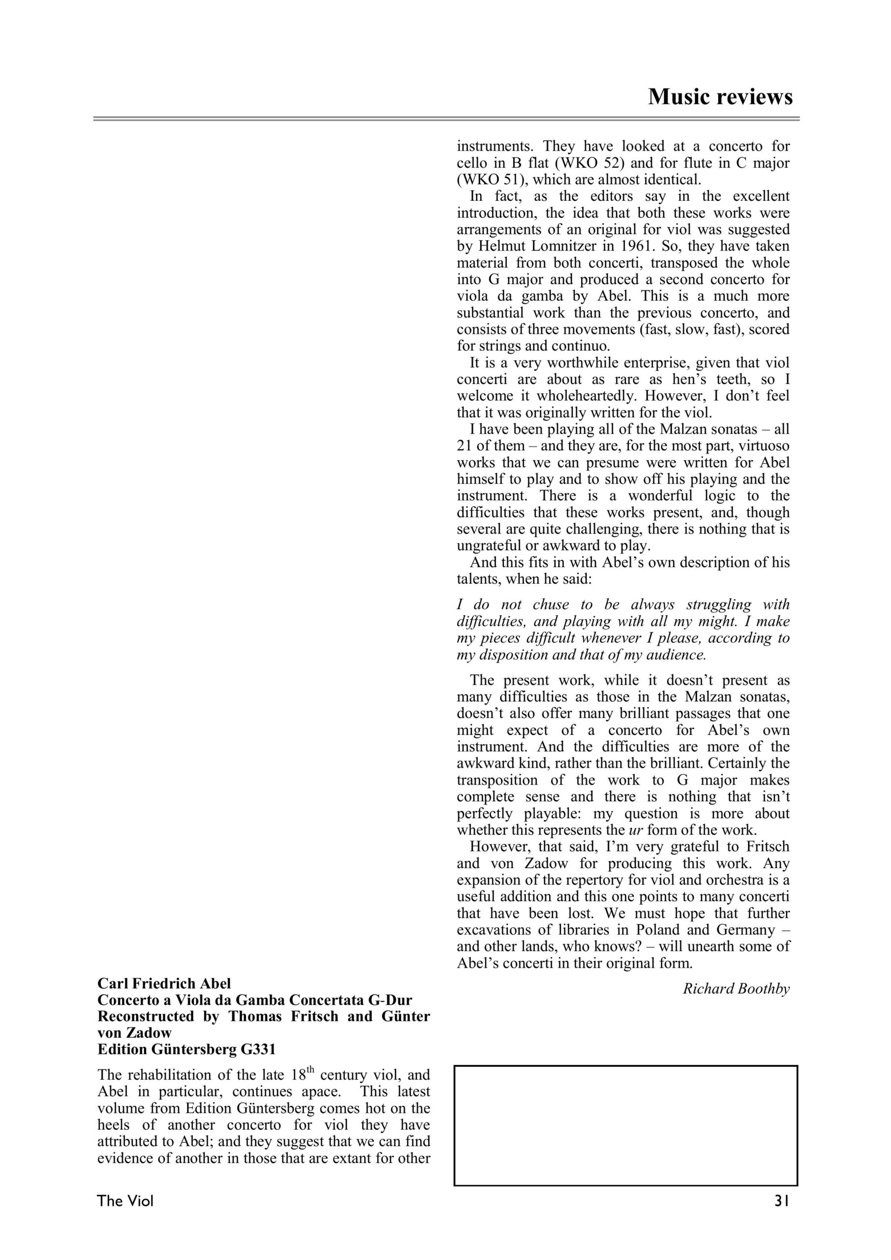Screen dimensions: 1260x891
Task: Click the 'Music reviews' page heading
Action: tap(720, 97)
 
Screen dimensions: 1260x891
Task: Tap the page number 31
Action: tap(781, 1216)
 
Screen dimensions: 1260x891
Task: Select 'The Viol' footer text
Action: tap(125, 1216)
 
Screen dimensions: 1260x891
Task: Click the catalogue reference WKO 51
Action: tap(488, 180)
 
